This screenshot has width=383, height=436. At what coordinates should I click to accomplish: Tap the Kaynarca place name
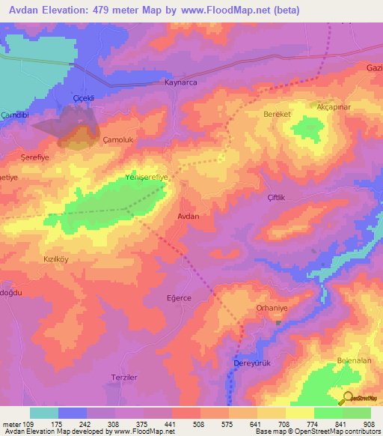tap(180, 84)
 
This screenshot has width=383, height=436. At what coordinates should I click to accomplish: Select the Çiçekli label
tap(83, 98)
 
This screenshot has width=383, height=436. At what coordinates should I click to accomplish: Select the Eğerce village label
tap(179, 297)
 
